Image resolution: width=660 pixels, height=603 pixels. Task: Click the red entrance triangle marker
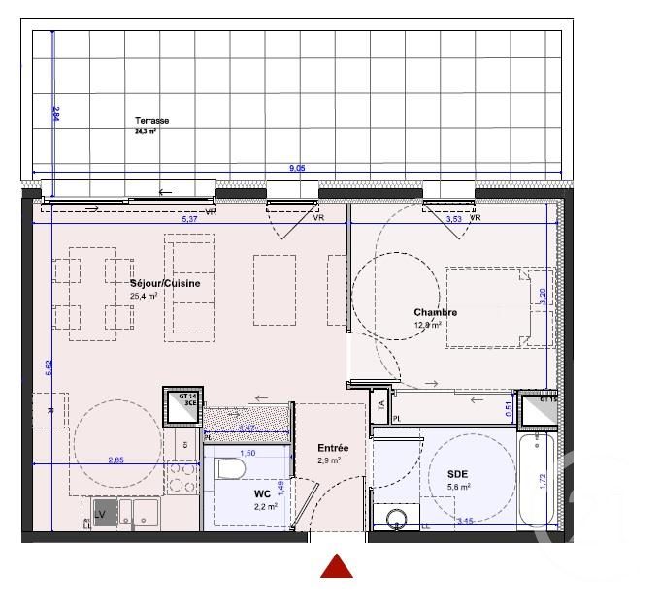pos(337,567)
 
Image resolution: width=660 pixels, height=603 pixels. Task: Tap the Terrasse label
pos(151,121)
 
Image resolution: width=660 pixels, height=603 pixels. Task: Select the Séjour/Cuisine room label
pos(165,283)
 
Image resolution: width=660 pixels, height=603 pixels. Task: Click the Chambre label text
pos(435,312)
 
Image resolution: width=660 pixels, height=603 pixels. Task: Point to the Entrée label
pos(333,448)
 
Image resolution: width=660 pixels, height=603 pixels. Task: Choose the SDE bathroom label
pos(458,475)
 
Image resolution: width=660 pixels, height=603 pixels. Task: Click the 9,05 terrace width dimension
pos(297,168)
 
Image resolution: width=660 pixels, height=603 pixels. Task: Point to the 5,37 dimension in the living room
pos(191,220)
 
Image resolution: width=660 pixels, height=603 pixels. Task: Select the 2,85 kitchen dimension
pos(115,460)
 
